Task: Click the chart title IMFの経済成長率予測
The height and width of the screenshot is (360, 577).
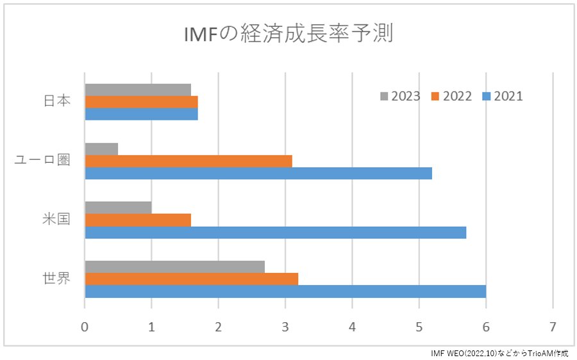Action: [288, 34]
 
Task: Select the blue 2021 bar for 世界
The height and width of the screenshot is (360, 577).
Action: [285, 291]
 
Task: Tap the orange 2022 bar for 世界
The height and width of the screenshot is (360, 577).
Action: [191, 279]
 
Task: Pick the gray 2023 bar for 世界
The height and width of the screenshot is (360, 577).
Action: [174, 266]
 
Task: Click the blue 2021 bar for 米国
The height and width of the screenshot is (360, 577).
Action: [275, 232]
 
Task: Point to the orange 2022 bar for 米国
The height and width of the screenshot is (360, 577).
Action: [138, 220]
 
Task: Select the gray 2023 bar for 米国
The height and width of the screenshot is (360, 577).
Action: [118, 208]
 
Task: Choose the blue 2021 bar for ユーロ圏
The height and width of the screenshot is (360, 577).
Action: [258, 173]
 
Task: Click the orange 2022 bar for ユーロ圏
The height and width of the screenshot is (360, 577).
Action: [188, 161]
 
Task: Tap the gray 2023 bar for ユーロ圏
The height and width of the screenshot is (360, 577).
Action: [101, 149]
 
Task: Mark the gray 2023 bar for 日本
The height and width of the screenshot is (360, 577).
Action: [138, 89]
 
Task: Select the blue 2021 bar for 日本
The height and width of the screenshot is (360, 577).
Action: [141, 114]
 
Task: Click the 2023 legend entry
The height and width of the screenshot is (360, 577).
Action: [401, 96]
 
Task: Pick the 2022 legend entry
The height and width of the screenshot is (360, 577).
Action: [452, 96]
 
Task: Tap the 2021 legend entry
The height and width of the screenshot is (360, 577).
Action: [503, 96]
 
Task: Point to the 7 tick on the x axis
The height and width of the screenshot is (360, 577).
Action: [553, 325]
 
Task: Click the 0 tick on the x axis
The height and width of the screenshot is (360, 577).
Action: [85, 325]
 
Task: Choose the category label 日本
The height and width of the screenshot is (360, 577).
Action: [56, 101]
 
